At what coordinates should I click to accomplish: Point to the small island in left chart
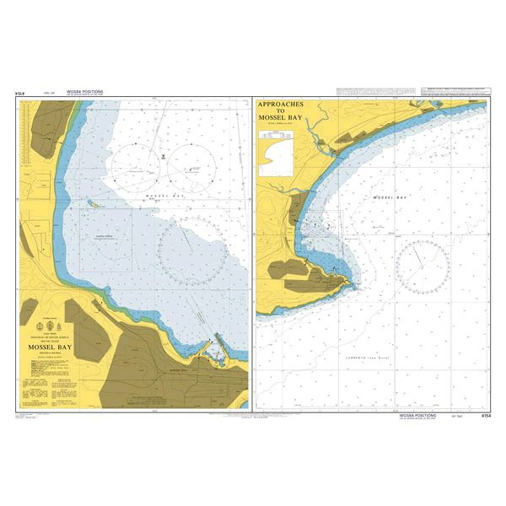pyautogui.click(x=94, y=205)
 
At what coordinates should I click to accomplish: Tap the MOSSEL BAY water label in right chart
pyautogui.click(x=389, y=198)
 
